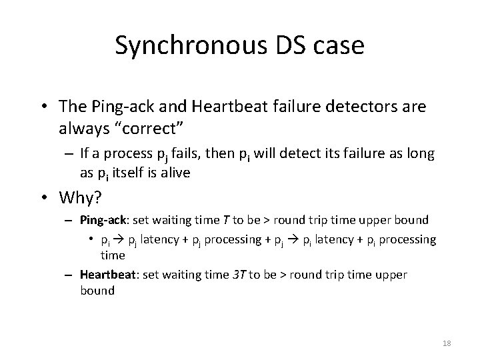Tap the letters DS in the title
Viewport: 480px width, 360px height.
(285, 46)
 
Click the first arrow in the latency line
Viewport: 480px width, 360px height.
(121, 239)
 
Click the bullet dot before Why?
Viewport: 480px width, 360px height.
(47, 198)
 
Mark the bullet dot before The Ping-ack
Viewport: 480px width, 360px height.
(47, 106)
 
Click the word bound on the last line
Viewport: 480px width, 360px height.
(97, 290)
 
